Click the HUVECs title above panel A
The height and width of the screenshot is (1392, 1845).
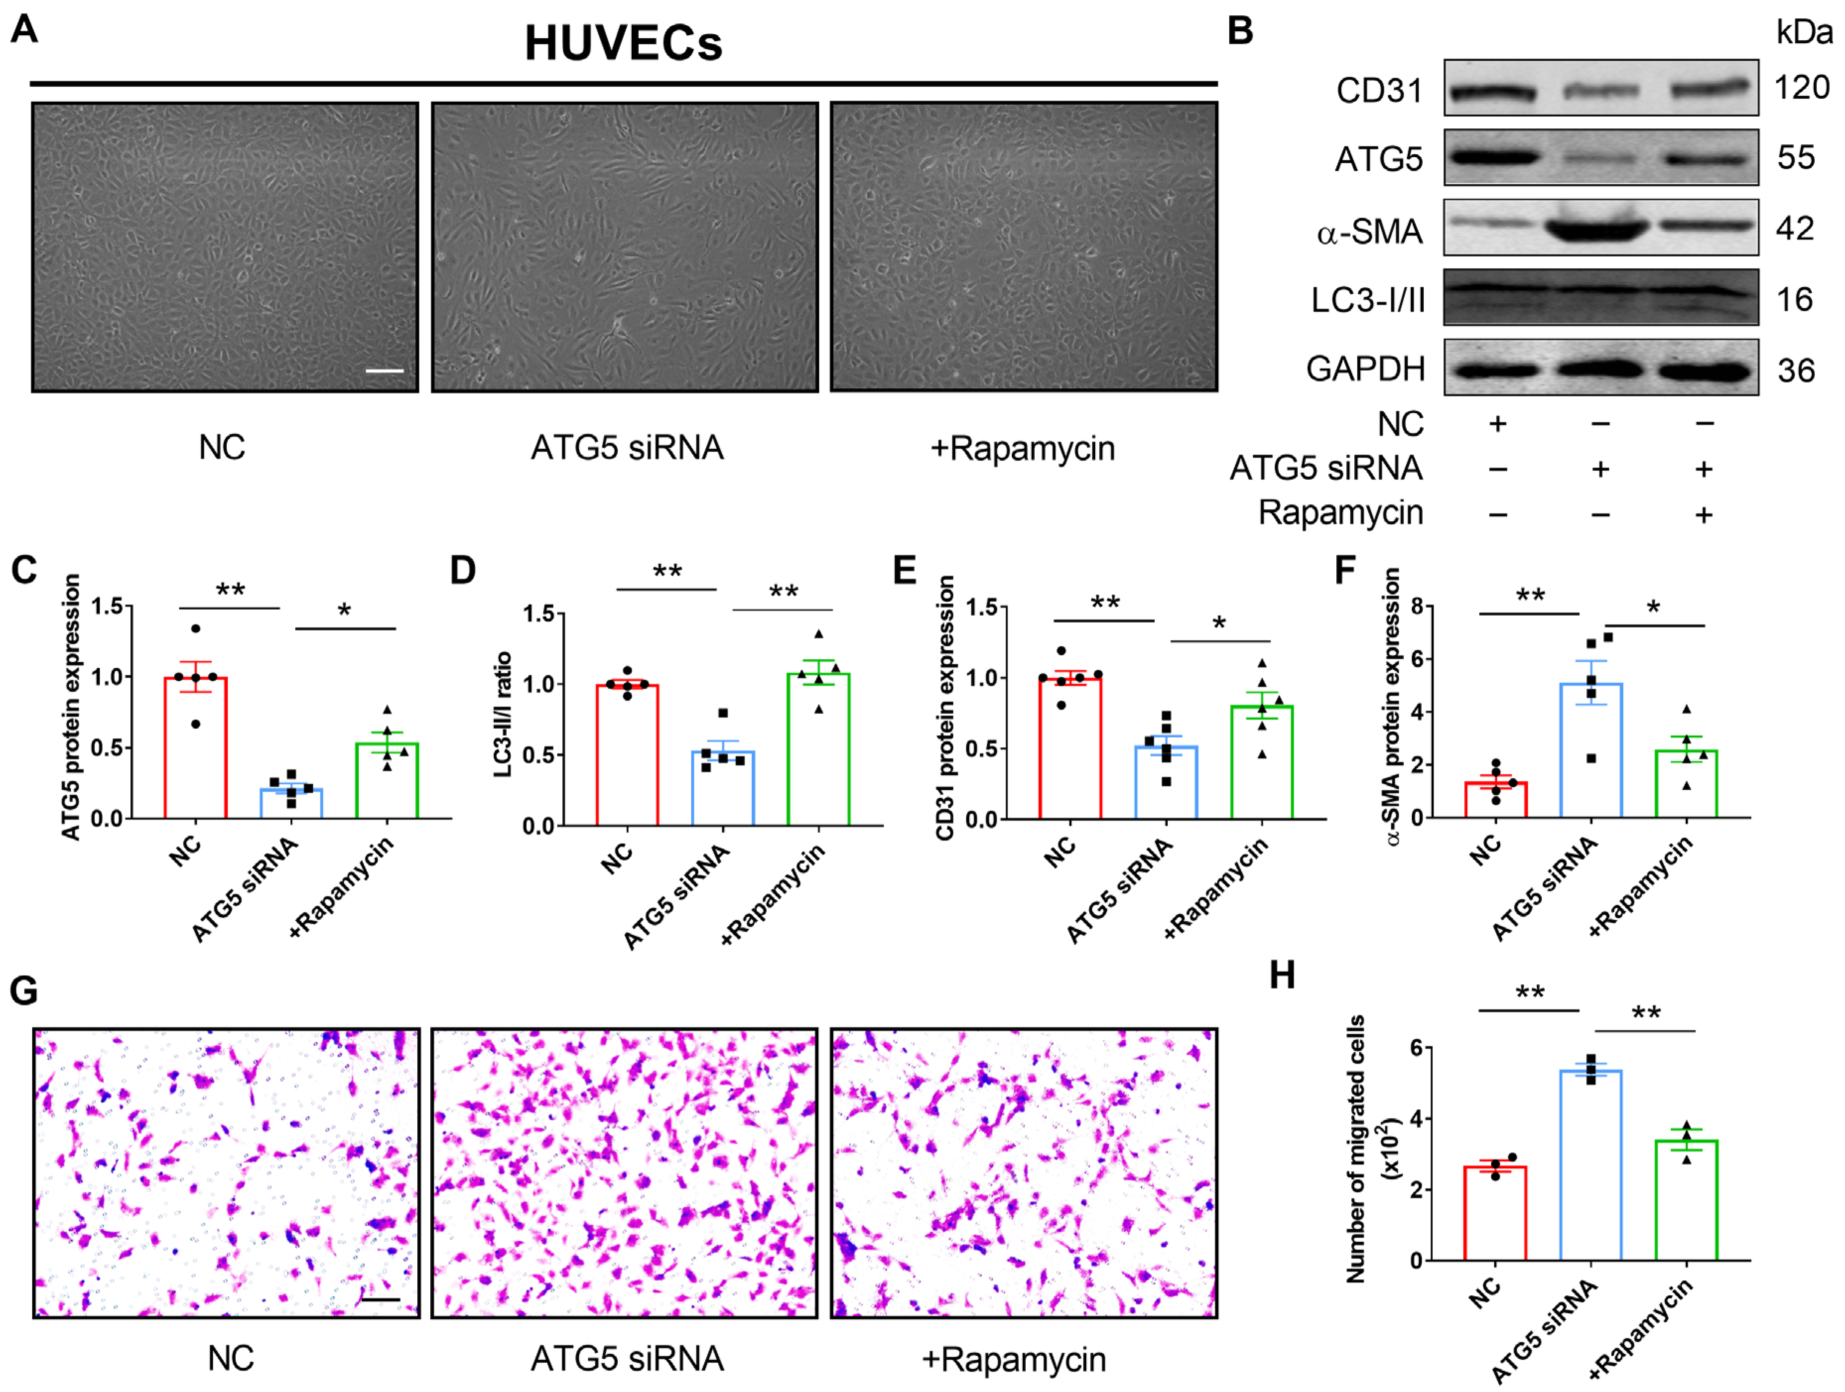623,43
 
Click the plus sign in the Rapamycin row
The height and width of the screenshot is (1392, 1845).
1703,514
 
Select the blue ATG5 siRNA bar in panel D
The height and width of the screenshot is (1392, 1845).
723,788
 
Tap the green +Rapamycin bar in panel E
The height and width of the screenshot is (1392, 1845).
1262,762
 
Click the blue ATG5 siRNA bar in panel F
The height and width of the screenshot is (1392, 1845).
1590,751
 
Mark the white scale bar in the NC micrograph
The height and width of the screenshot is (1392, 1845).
385,370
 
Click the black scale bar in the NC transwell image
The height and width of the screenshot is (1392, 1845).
381,1299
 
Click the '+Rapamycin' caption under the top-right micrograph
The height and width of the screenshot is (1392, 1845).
1023,449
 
